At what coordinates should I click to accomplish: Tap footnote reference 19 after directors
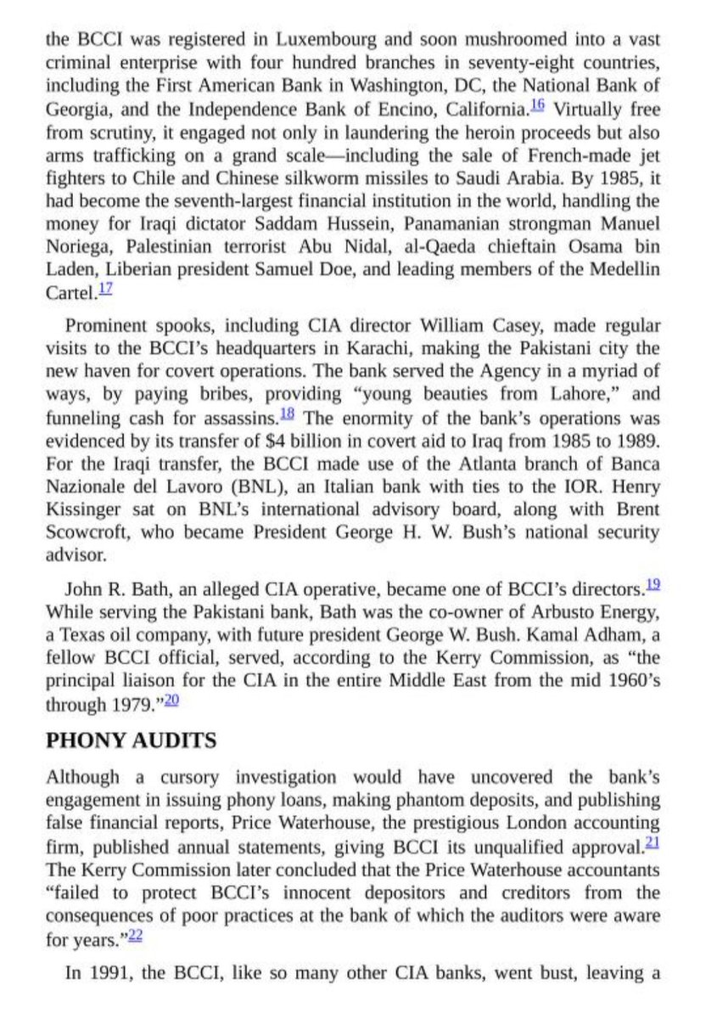pos(652,583)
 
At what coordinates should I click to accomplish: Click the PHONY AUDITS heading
pos(131,740)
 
